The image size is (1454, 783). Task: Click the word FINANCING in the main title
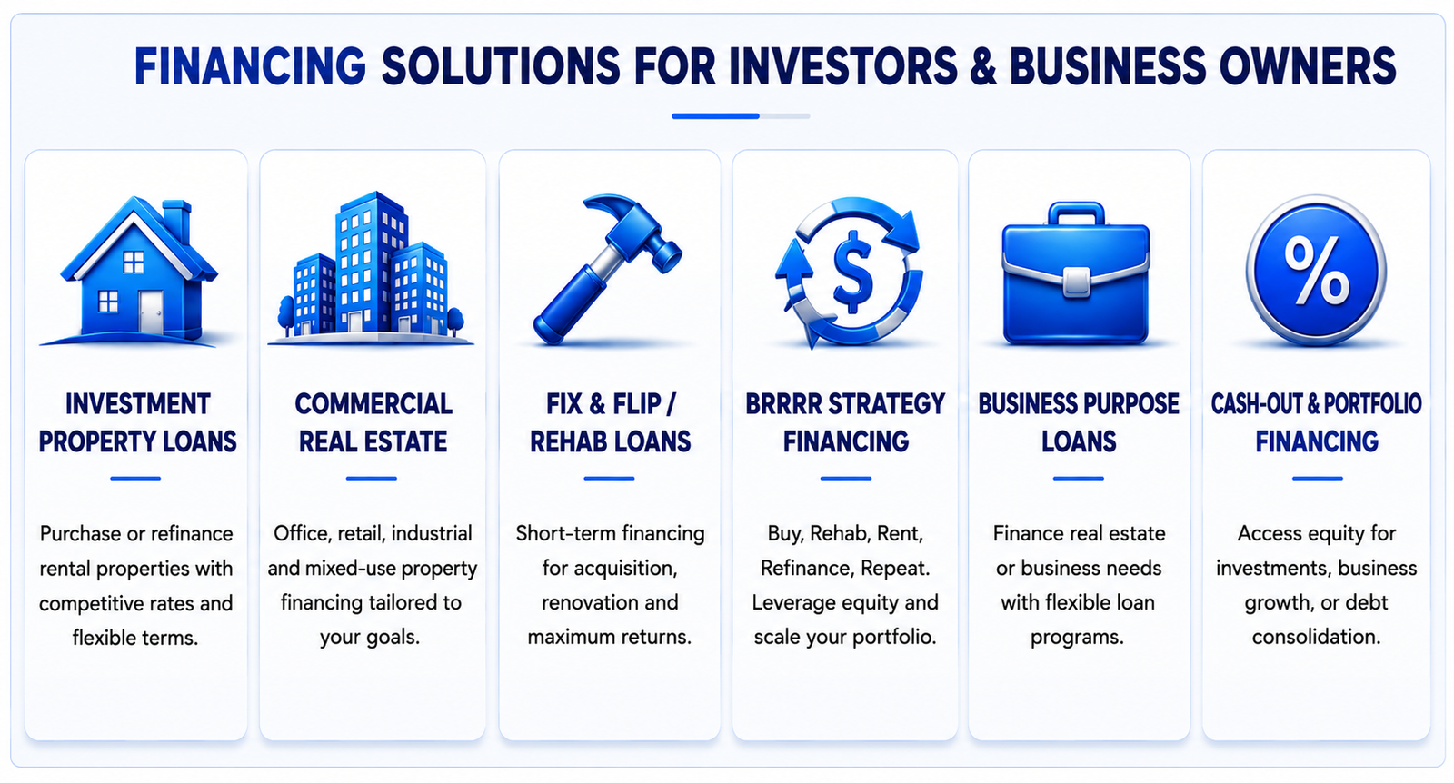(x=250, y=66)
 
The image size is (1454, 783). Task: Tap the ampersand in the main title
(x=983, y=66)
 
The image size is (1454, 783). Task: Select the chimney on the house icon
(x=176, y=221)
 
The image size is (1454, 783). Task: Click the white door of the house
(x=151, y=312)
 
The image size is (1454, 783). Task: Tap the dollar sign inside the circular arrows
(x=852, y=273)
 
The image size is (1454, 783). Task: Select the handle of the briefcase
(x=1076, y=213)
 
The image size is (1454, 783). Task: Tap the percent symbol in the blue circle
(x=1316, y=271)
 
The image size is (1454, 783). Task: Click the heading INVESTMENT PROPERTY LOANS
(x=137, y=423)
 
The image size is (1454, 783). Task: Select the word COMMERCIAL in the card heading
(x=373, y=404)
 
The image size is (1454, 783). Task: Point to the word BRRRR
(x=782, y=404)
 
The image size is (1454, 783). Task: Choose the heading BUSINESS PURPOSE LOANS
(x=1079, y=423)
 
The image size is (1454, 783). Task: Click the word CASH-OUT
(x=1256, y=404)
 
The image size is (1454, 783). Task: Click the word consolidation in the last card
(x=1316, y=637)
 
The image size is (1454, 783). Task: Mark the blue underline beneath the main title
(x=715, y=116)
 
